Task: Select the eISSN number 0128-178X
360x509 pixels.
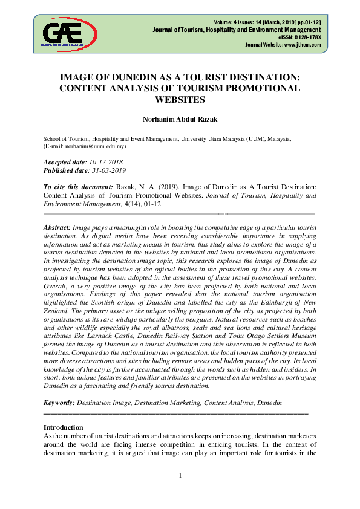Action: pos(307,37)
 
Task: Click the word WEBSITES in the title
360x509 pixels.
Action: pos(180,100)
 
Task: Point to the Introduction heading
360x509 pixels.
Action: pos(64,427)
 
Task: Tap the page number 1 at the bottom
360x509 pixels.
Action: pos(180,475)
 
